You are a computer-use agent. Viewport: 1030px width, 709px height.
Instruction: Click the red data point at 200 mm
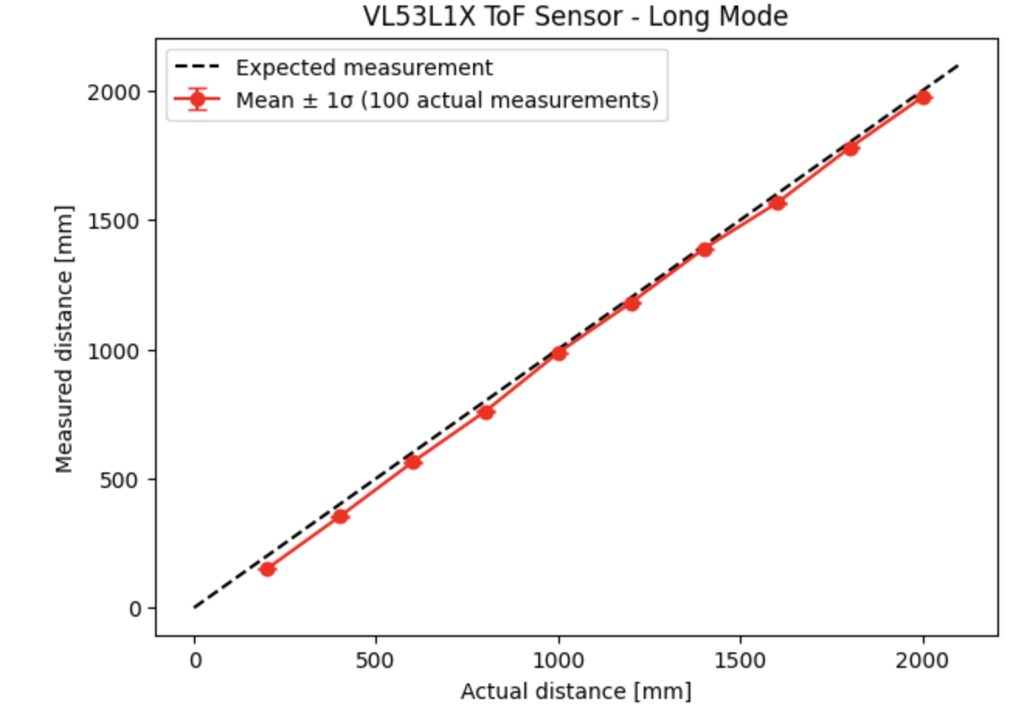coord(268,569)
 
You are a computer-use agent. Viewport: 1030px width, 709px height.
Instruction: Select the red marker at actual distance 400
coord(340,516)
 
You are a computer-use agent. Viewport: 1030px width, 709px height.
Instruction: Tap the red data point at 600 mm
coord(413,462)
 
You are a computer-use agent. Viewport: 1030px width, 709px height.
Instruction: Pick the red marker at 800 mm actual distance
coord(486,412)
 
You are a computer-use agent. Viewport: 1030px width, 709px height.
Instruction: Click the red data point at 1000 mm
coord(559,353)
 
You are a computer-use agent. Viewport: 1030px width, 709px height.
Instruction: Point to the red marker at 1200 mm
coord(632,303)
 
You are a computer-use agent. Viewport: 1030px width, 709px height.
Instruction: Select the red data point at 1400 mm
coord(704,249)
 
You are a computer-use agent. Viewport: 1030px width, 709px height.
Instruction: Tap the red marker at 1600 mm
coord(778,202)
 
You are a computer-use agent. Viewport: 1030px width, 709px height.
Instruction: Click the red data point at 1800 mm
coord(851,148)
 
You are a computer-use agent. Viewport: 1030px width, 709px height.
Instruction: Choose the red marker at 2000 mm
coord(923,97)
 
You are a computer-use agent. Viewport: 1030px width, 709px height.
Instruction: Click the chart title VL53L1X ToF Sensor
coord(575,16)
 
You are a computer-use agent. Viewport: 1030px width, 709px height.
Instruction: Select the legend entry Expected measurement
coord(364,67)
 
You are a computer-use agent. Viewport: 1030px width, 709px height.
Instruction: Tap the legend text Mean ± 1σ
coord(447,100)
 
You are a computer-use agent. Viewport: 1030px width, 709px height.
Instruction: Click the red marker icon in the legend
coord(198,100)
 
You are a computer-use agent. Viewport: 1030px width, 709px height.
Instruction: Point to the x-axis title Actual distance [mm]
coord(575,690)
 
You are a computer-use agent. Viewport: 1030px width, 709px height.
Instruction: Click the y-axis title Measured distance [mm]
coord(64,339)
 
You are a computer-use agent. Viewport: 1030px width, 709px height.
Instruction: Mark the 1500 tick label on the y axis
coord(115,221)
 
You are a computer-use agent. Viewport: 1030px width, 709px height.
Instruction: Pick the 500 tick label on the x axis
coord(376,660)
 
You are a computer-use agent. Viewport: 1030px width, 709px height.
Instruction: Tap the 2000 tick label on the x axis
coord(923,660)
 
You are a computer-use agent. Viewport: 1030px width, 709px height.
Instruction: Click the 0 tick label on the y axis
coord(136,609)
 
